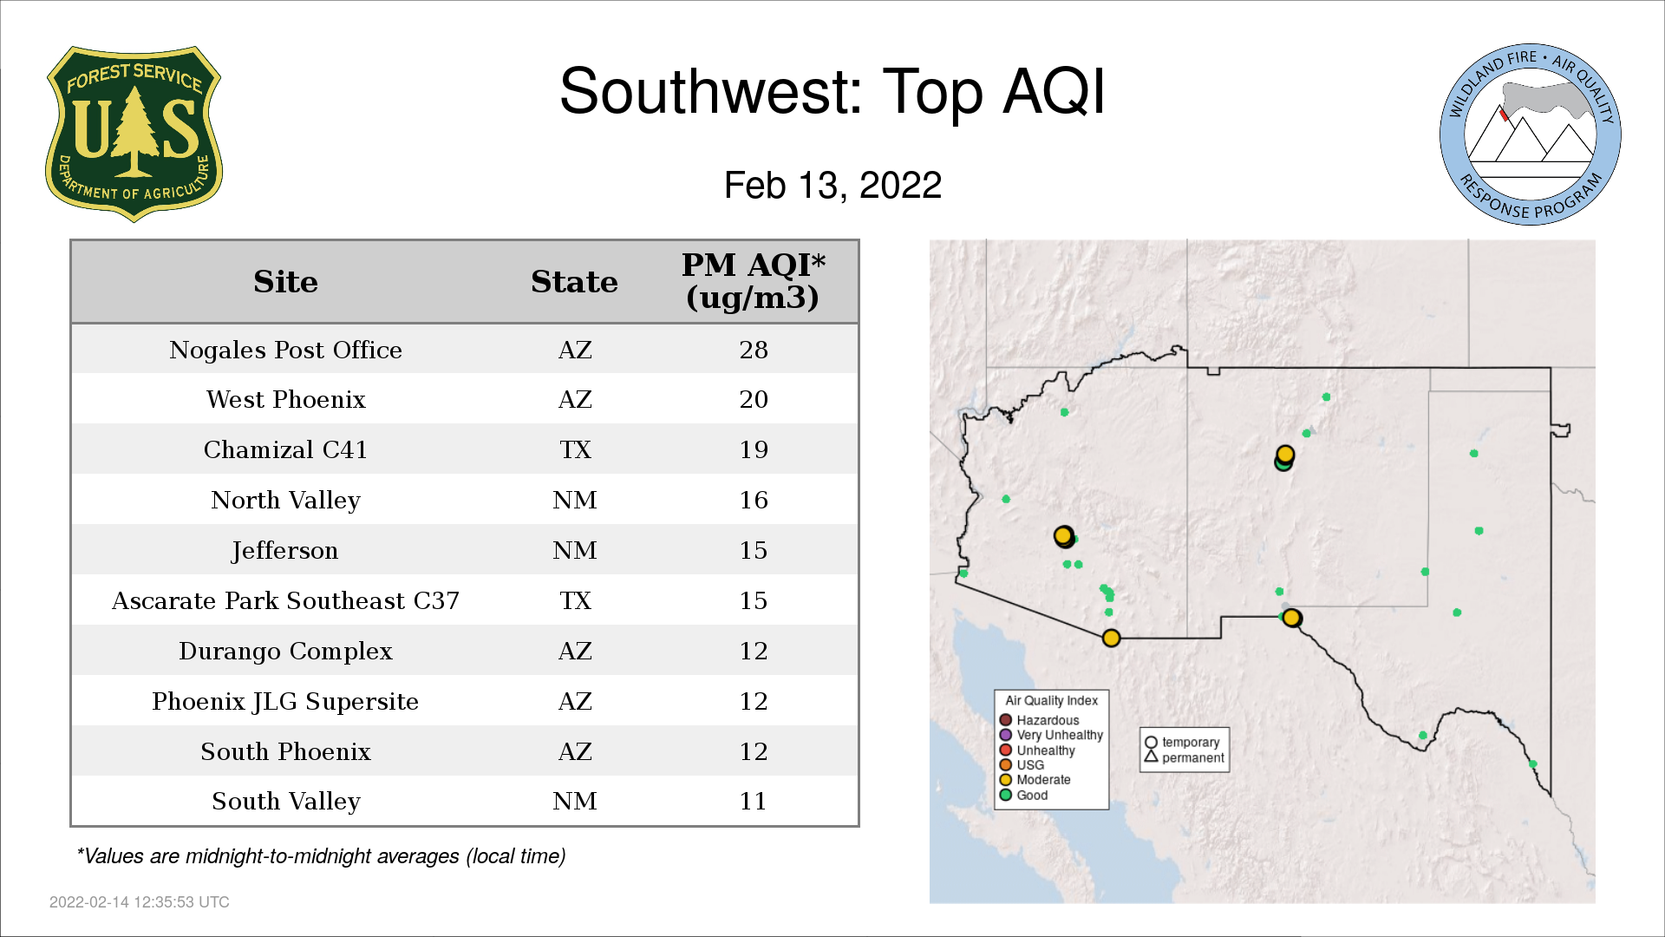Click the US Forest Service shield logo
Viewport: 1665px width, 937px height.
tap(134, 134)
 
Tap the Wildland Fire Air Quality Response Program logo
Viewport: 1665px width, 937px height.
tap(1531, 134)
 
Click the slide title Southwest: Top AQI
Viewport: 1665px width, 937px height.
tap(832, 91)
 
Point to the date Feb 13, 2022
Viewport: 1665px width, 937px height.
tap(832, 185)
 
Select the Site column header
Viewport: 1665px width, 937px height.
tap(285, 282)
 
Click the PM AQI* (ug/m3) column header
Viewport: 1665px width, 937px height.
tap(753, 281)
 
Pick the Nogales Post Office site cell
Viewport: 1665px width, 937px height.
tap(285, 350)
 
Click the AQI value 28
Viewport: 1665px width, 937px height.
tap(754, 350)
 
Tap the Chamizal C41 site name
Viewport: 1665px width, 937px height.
tap(285, 449)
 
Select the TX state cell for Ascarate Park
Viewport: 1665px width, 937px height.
tap(575, 600)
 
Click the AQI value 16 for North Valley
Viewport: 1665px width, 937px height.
tap(754, 500)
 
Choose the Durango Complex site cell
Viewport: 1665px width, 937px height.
tap(285, 651)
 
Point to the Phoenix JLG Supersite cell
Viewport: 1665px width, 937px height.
tap(285, 701)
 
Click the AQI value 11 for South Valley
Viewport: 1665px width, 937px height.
tap(754, 801)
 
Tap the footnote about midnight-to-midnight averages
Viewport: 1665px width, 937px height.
tap(321, 856)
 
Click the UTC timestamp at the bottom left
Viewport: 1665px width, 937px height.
tap(140, 902)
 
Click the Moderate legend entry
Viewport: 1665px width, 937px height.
tap(1035, 779)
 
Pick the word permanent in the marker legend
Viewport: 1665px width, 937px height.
tap(1193, 757)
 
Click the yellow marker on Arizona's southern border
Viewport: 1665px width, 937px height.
tap(1111, 639)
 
